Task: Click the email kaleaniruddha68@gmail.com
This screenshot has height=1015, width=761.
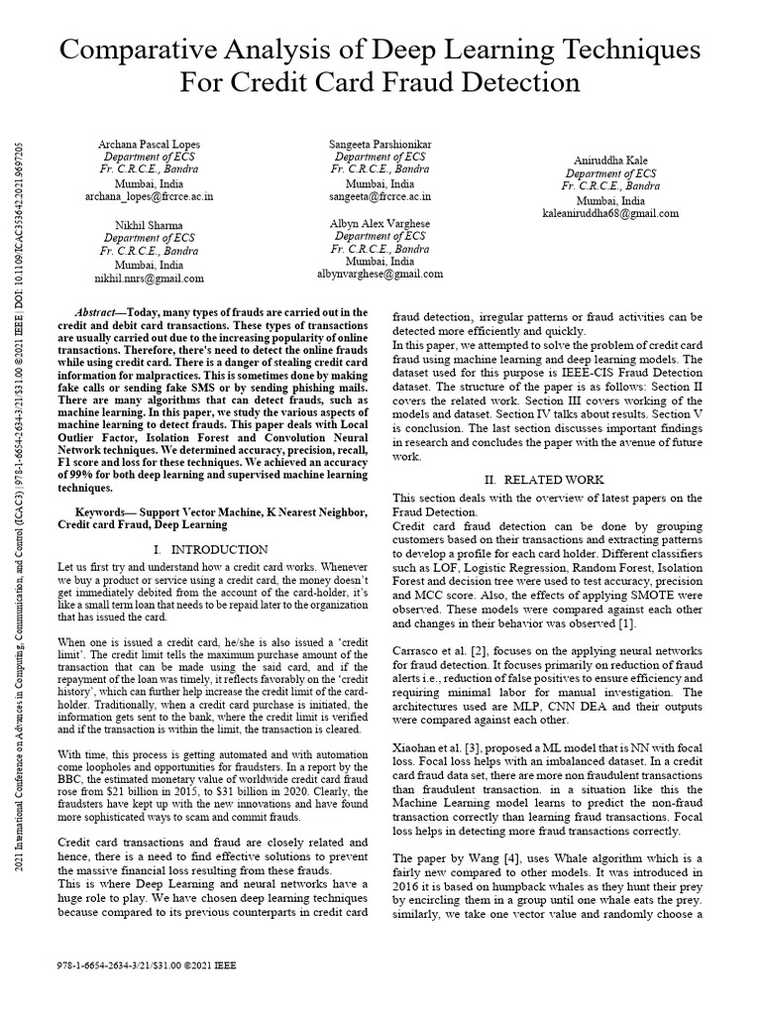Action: tap(610, 213)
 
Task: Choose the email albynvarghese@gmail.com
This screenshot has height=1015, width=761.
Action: tap(380, 275)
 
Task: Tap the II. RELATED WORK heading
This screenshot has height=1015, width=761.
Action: tap(554, 480)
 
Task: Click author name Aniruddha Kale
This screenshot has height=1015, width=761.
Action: tap(610, 161)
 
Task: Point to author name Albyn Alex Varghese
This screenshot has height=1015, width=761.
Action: tap(380, 224)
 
